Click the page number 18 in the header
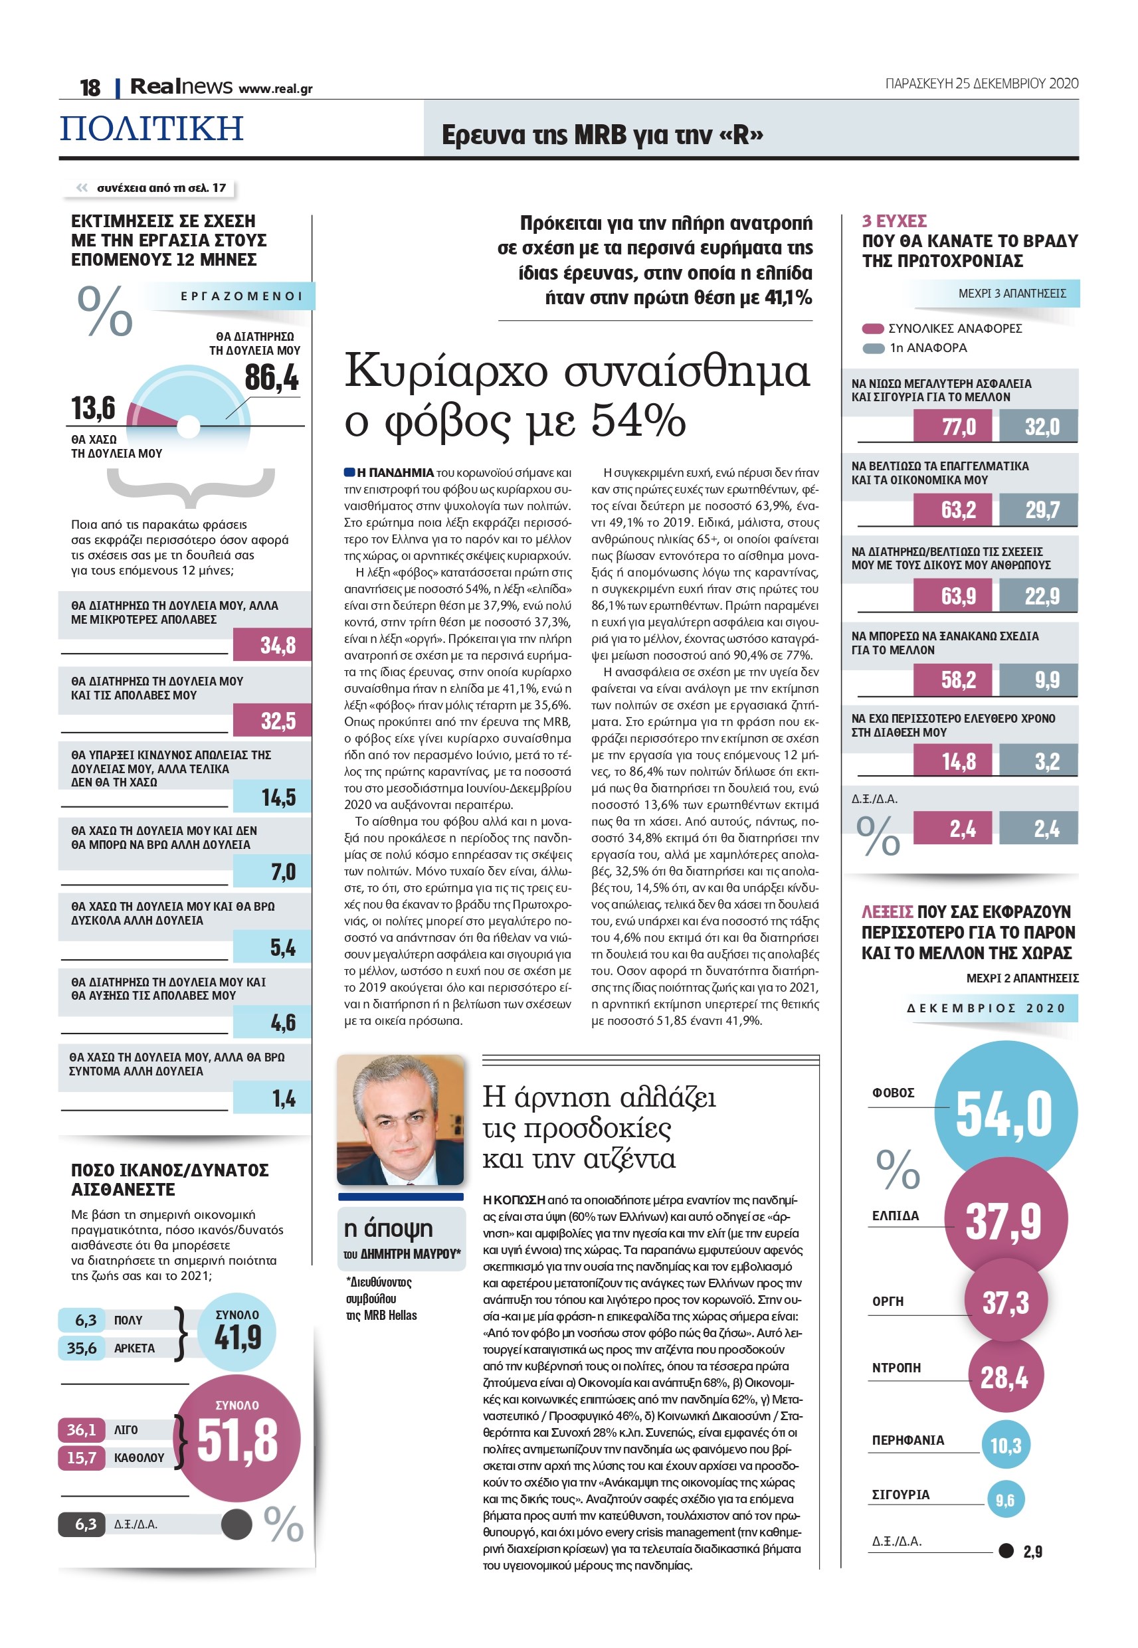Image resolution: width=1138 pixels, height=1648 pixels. pos(90,88)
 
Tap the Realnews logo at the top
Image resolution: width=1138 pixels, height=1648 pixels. pos(181,86)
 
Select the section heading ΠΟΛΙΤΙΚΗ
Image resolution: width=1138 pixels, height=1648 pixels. pos(152,128)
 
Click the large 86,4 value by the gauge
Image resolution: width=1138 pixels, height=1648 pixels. pos(272,377)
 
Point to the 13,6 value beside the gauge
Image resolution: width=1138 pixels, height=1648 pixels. pos(93,409)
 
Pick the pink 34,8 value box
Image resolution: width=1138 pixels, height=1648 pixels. pos(272,645)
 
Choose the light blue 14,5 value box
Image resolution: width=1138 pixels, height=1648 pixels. pos(272,797)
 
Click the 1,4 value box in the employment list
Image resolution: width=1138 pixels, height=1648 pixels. pos(272,1099)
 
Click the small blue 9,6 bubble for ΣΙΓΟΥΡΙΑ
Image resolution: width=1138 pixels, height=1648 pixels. pos(1004,1500)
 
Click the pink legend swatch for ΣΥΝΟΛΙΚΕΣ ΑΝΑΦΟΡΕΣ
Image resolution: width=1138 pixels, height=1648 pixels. pos(873,329)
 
